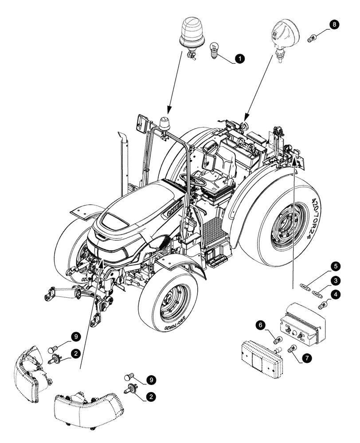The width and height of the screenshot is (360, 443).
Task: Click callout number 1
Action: pyautogui.click(x=240, y=58)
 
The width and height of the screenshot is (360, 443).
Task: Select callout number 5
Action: pyautogui.click(x=336, y=266)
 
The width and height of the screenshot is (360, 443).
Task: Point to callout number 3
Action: pyautogui.click(x=336, y=280)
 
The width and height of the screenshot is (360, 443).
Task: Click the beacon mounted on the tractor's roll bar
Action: pyautogui.click(x=164, y=124)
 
